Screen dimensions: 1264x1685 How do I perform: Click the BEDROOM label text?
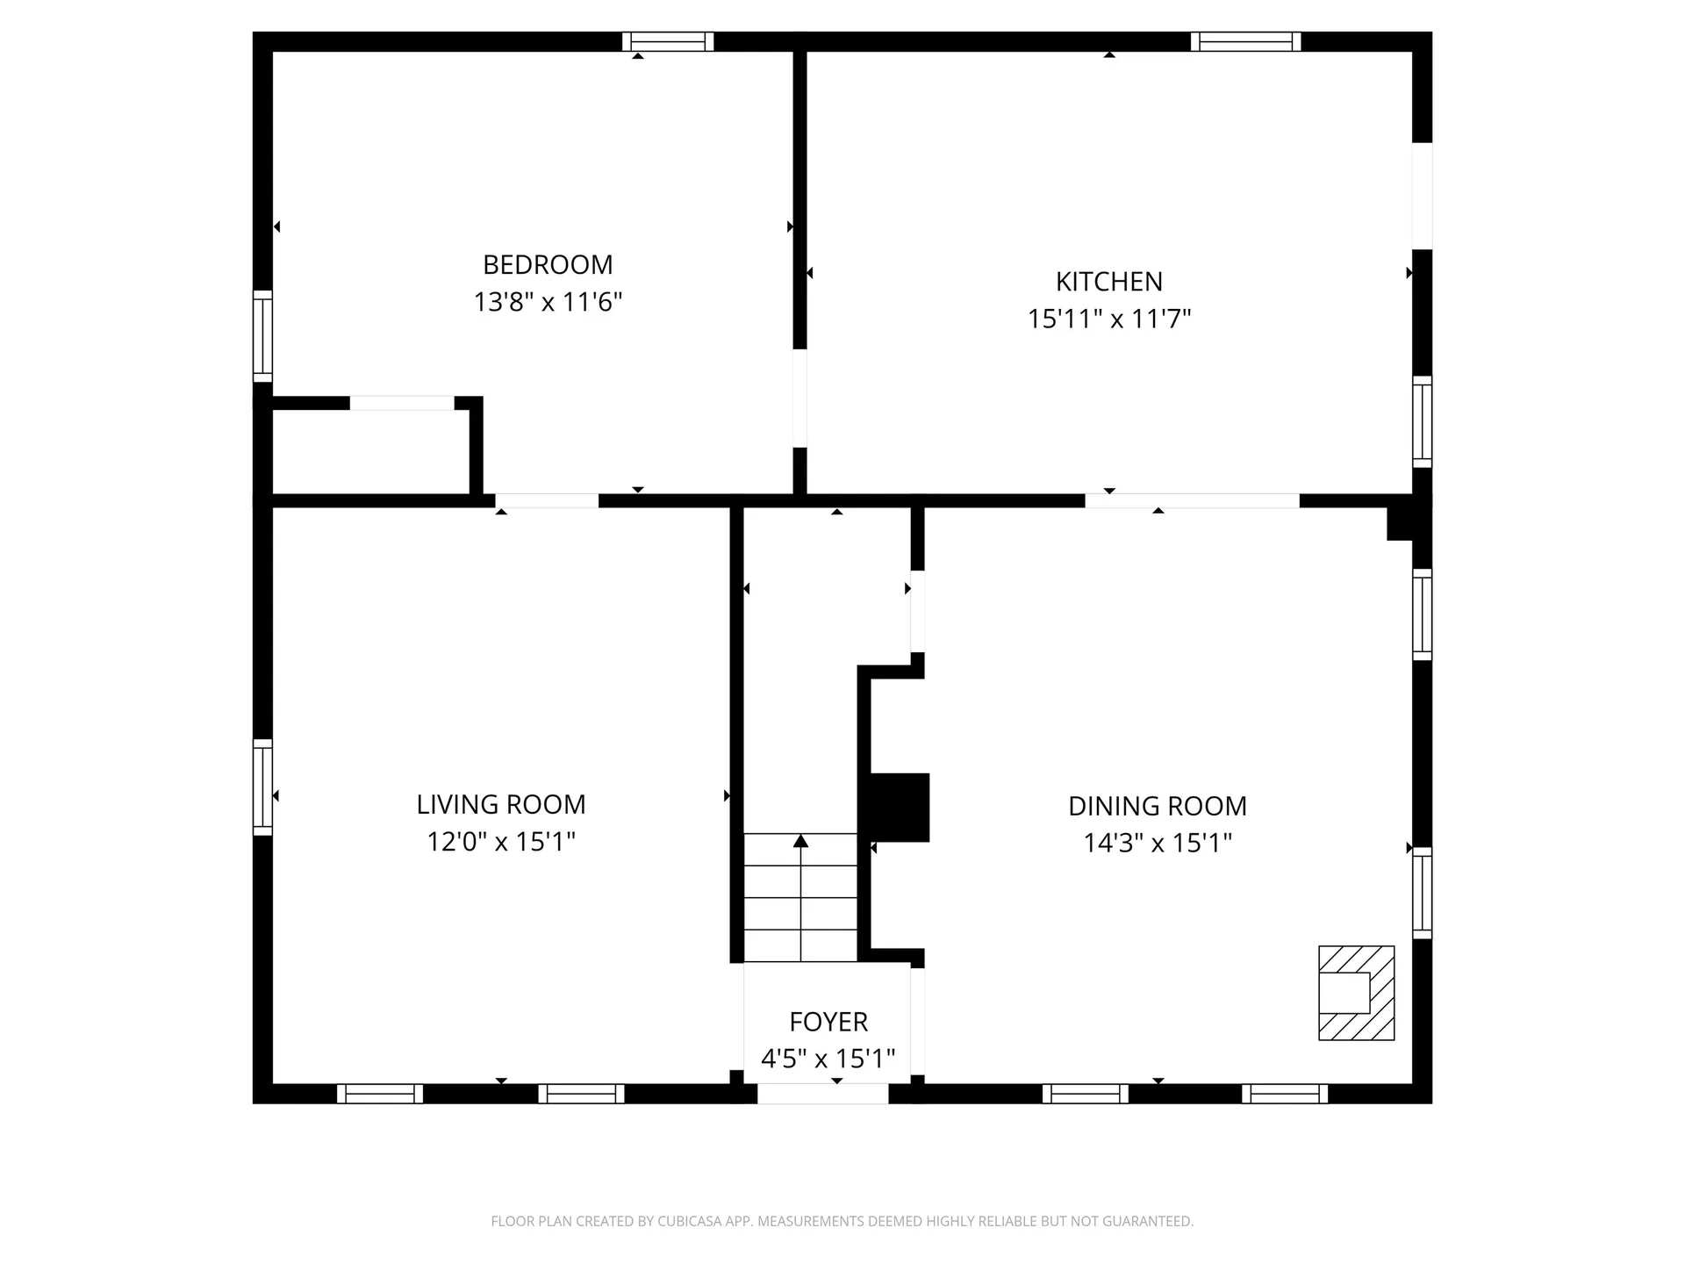coord(548,264)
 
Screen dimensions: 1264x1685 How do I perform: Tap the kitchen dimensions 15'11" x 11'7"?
coord(1108,319)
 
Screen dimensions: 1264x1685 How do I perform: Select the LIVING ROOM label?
coord(500,804)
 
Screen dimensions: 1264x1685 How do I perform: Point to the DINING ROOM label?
coord(1157,806)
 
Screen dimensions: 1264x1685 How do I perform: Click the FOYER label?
coord(828,1022)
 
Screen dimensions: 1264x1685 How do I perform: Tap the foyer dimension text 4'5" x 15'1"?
coord(828,1059)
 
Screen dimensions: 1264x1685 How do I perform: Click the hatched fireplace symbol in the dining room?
coord(1356,993)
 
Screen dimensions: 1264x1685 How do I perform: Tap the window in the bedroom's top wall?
coord(668,41)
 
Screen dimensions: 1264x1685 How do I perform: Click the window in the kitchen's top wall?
coord(1245,41)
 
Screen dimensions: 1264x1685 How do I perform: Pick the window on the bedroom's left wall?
coord(262,336)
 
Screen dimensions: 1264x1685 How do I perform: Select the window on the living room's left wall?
coord(262,786)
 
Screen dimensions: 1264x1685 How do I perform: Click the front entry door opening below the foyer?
coord(822,1094)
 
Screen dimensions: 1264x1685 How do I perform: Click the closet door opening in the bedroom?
coord(402,403)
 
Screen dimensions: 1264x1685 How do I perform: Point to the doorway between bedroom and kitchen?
coord(799,398)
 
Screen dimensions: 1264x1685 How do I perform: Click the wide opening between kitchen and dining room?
coord(1192,500)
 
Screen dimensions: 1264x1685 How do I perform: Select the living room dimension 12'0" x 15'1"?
coord(500,842)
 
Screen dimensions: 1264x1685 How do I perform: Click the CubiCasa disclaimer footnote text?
coord(842,1221)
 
